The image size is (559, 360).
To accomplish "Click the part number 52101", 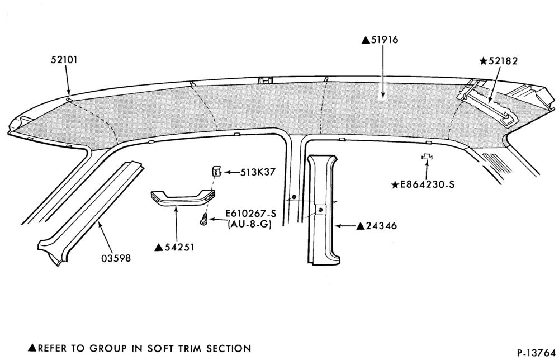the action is coord(64,59).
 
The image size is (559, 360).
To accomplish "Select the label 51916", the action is coord(385,40).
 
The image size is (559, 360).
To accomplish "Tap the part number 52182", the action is coord(503,61).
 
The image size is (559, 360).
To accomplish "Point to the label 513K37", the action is coord(258,172).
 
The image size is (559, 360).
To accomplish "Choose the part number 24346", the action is coord(381,226).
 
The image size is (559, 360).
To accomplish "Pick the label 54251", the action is coord(179,247).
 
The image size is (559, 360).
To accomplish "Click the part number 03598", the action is coord(116,258).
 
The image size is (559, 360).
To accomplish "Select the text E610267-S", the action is coord(250,214).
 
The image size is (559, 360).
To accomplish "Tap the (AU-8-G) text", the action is coord(249,225).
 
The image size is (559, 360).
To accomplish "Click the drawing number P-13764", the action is coord(536,353).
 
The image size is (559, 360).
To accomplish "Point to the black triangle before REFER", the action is coord(32,348).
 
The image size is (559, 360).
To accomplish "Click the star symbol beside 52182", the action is coord(484,61).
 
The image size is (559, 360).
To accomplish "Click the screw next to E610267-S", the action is coord(203,219).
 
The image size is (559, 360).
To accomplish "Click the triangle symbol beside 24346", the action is coord(361,226).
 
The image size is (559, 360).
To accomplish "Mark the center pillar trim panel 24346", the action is coord(323,210).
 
